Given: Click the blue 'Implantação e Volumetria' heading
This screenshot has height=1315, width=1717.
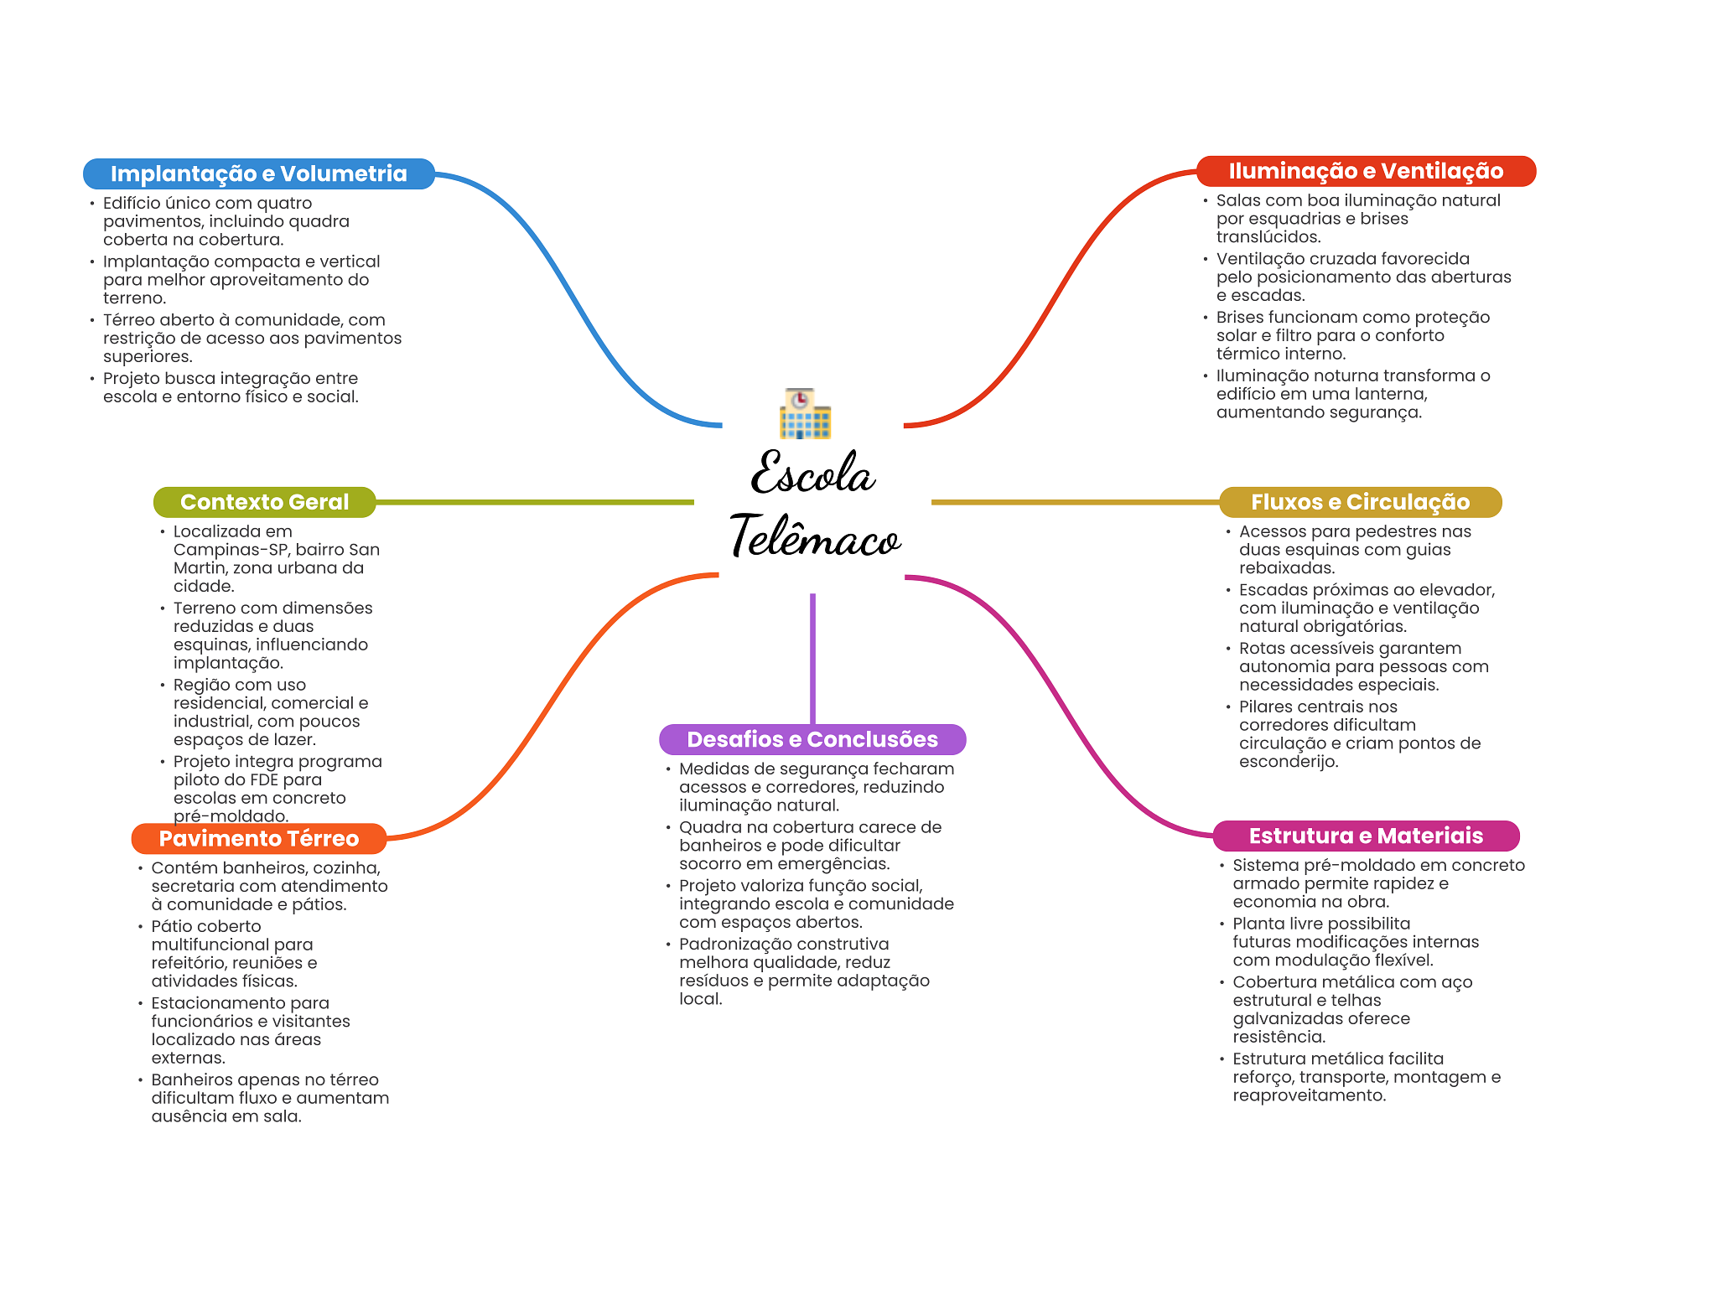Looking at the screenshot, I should click(x=258, y=173).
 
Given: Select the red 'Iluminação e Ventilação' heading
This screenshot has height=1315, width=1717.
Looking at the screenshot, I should click(x=1366, y=171).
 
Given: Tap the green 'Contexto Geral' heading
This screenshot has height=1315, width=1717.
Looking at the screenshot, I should click(x=264, y=502).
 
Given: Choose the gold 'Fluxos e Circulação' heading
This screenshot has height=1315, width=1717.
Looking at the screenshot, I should click(x=1360, y=502).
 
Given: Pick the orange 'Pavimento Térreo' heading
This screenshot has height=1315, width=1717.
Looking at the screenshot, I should click(x=258, y=838).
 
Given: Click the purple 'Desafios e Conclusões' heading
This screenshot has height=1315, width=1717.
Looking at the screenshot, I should click(x=812, y=739).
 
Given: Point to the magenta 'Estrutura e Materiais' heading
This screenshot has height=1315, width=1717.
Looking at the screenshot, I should click(x=1366, y=836).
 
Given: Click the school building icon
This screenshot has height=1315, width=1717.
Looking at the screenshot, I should click(x=805, y=413).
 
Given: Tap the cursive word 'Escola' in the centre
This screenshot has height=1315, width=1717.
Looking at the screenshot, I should click(x=812, y=474).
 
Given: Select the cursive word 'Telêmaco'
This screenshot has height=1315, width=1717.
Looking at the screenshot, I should click(x=815, y=536).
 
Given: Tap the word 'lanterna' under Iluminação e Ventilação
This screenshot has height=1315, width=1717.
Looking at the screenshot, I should click(x=1392, y=394).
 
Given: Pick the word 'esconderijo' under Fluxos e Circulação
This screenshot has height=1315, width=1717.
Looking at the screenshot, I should click(x=1287, y=762).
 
